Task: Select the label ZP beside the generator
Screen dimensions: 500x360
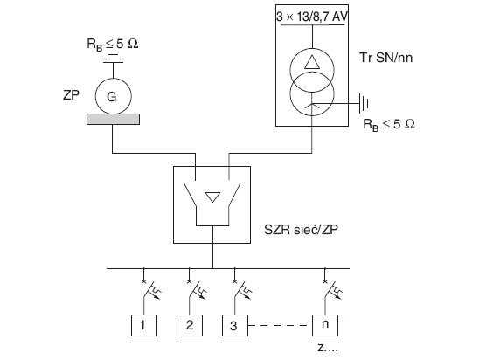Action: click(71, 94)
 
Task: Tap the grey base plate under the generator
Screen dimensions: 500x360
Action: click(114, 119)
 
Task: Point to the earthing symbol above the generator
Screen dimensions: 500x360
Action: click(114, 59)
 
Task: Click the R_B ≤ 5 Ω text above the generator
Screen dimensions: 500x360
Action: click(113, 44)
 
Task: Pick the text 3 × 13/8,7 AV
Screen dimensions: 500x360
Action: click(312, 17)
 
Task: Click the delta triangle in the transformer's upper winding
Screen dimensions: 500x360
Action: click(312, 62)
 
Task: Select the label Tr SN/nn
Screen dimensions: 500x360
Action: click(385, 58)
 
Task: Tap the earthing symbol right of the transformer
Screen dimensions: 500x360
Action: click(364, 103)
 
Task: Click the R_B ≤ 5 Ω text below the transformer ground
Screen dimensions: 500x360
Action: click(389, 124)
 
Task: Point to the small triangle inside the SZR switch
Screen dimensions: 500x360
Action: click(212, 197)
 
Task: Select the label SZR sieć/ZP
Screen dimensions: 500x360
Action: click(301, 230)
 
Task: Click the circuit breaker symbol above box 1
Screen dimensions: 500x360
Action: click(150, 290)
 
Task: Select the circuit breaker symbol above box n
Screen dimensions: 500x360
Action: click(331, 290)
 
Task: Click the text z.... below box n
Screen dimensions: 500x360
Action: click(328, 348)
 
